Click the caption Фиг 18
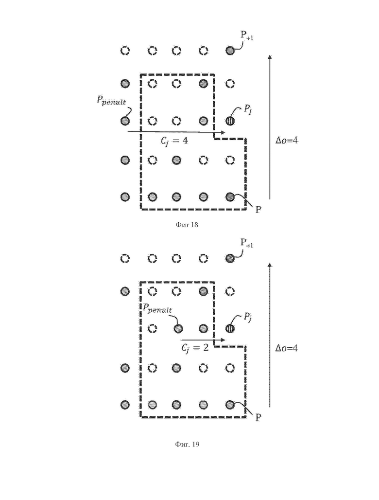pyautogui.click(x=187, y=225)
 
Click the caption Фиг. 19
pyautogui.click(x=187, y=444)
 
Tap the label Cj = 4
pyautogui.click(x=174, y=141)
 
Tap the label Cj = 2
pyautogui.click(x=195, y=348)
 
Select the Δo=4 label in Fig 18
pyautogui.click(x=287, y=140)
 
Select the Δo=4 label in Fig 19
pyautogui.click(x=287, y=348)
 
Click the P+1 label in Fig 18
pyautogui.click(x=247, y=35)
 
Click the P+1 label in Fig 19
pyautogui.click(x=247, y=243)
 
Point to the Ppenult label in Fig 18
pyautogui.click(x=111, y=101)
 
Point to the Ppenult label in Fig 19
pyautogui.click(x=157, y=308)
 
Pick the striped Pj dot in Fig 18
pyautogui.click(x=230, y=121)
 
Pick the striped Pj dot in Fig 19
pyautogui.click(x=230, y=328)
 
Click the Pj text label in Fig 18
pyautogui.click(x=248, y=110)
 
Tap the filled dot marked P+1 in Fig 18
pyautogui.click(x=230, y=51)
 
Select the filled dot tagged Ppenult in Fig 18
pyautogui.click(x=125, y=121)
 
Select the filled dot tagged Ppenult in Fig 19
pyautogui.click(x=178, y=328)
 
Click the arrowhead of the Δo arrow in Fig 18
pyautogui.click(x=270, y=57)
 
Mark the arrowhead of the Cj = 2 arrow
pyautogui.click(x=223, y=340)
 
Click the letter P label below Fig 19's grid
pyautogui.click(x=258, y=417)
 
